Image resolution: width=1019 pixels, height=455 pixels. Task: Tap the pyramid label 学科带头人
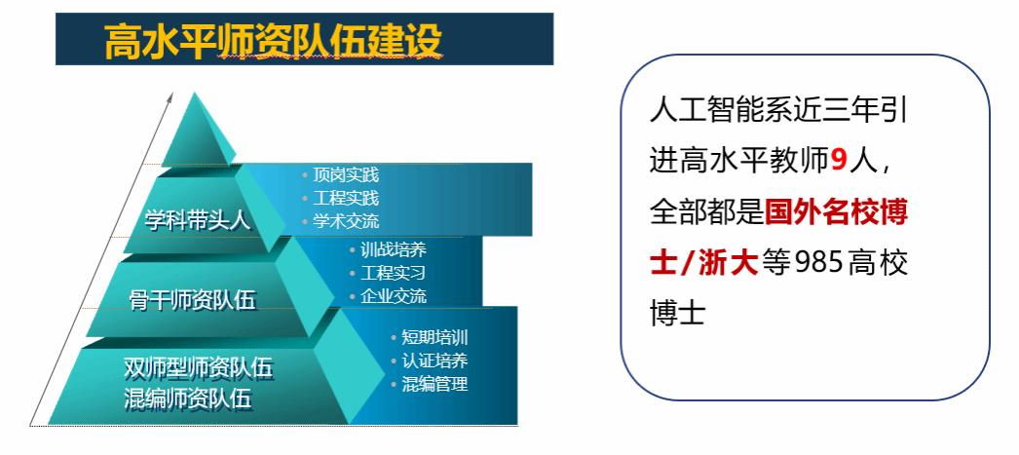(198, 221)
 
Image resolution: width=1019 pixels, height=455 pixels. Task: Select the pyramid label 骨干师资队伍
(193, 300)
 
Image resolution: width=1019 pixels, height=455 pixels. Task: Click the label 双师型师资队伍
(198, 368)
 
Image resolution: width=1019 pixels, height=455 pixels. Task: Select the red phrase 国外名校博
(837, 213)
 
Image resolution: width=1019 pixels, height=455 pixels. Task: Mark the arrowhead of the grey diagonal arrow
(170, 98)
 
